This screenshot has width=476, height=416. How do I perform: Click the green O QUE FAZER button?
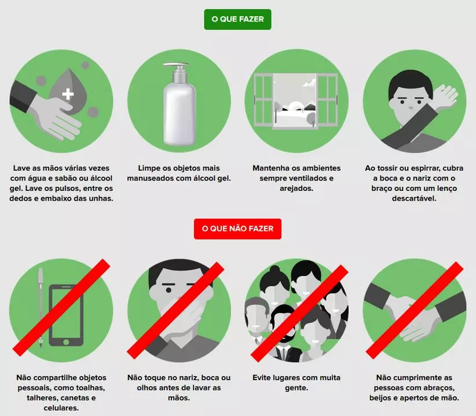[237, 20]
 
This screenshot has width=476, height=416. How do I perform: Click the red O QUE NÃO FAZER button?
[237, 229]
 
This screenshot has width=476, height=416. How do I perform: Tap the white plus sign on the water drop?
[68, 94]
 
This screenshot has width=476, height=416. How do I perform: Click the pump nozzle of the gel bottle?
[176, 65]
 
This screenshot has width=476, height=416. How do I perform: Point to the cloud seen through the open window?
[309, 82]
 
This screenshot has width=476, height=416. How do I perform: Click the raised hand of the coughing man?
[445, 96]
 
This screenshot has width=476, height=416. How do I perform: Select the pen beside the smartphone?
[41, 307]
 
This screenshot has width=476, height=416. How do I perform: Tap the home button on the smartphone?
[66, 342]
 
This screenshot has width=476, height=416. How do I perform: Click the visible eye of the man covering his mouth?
[169, 290]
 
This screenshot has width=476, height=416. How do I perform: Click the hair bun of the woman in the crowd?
[274, 269]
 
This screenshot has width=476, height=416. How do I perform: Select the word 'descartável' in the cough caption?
[414, 198]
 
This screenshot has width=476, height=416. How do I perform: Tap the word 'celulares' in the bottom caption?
[61, 408]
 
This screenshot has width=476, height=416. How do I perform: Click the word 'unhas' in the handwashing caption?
[102, 198]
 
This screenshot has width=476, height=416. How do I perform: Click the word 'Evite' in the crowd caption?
[262, 378]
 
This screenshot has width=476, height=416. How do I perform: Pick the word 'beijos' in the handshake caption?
[381, 398]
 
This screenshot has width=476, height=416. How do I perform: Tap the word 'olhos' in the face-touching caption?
[147, 388]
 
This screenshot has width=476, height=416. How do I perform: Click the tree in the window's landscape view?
[311, 117]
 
